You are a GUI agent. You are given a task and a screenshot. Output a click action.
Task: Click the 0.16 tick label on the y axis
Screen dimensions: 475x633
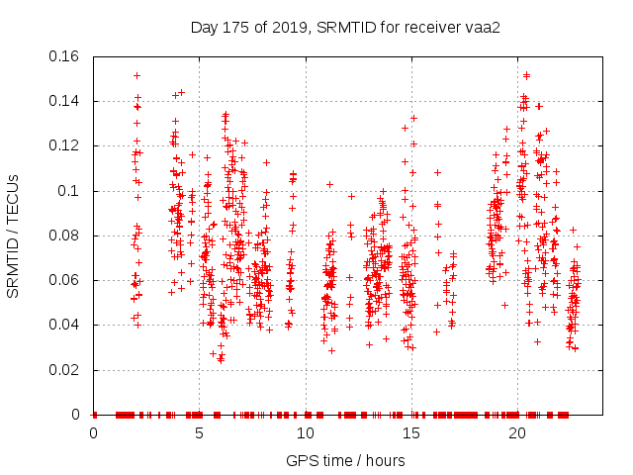tap(67, 56)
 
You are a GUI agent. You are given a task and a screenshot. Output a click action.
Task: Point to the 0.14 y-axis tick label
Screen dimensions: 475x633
tap(67, 101)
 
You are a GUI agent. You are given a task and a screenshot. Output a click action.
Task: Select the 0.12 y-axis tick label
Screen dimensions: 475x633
tap(67, 145)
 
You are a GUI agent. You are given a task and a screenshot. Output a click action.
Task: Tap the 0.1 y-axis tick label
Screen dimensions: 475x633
tap(71, 191)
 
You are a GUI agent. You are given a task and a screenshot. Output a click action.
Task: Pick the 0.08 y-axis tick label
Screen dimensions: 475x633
tap(67, 236)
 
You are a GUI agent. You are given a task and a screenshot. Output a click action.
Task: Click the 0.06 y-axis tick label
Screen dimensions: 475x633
tap(67, 280)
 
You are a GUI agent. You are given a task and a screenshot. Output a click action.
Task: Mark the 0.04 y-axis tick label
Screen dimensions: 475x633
tap(67, 325)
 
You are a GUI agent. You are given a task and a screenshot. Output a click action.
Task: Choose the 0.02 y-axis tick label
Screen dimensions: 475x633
tap(67, 370)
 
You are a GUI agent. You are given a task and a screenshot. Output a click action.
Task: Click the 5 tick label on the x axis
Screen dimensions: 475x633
tap(199, 433)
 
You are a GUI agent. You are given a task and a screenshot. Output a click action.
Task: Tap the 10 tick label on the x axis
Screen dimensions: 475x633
tap(305, 433)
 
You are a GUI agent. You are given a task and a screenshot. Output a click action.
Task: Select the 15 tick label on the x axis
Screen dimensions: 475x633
tap(410, 433)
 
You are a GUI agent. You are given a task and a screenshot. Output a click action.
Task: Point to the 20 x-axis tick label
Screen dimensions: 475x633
tap(516, 433)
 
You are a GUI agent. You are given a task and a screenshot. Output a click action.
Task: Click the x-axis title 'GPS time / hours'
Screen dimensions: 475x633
tap(345, 460)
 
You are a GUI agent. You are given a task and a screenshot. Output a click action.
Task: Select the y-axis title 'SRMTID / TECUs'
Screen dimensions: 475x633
tap(14, 236)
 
